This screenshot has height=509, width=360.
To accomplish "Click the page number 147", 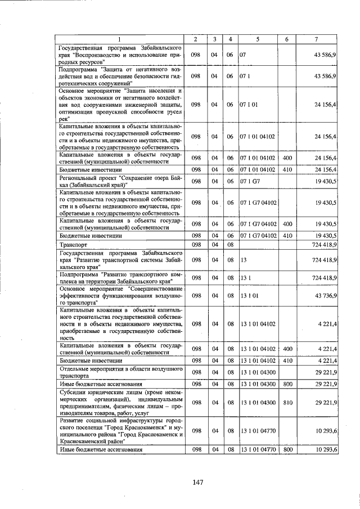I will click(x=196, y=482).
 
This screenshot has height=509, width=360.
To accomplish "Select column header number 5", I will click(x=258, y=39).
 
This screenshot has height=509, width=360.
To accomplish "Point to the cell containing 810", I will click(x=286, y=403).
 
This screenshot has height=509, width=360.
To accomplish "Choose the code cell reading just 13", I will click(x=244, y=260).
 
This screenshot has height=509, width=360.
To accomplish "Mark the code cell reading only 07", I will click(x=244, y=56).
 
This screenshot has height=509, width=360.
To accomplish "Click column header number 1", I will click(x=120, y=39).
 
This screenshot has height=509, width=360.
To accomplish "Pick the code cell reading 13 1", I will click(x=245, y=278).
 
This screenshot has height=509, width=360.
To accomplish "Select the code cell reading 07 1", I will click(x=245, y=75).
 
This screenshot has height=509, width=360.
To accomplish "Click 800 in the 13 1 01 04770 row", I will click(x=286, y=450).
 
